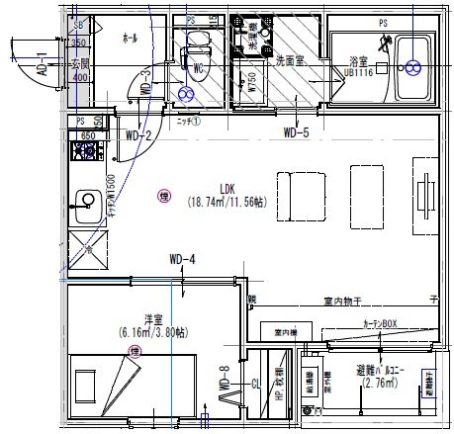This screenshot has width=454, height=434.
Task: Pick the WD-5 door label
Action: [296, 131]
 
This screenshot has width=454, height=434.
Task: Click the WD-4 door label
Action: [182, 260]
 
